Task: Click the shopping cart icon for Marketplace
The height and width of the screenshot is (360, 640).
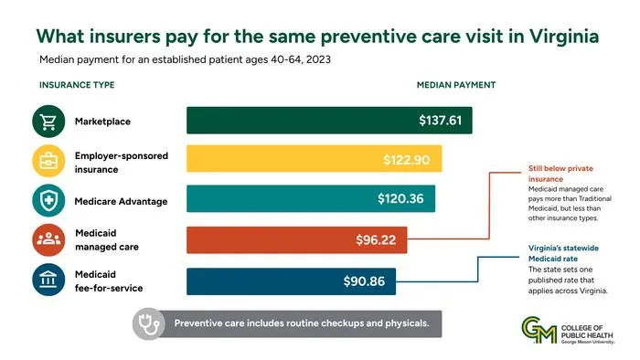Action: tap(48, 122)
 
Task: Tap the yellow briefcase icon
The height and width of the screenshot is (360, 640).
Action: tap(48, 161)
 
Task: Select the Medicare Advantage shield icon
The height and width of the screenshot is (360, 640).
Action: tap(48, 200)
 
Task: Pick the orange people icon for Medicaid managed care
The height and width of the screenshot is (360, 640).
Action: tap(48, 239)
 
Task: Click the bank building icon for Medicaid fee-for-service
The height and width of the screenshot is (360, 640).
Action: tap(48, 280)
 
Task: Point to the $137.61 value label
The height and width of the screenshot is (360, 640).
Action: tap(441, 121)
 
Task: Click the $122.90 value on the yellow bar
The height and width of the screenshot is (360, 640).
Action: tap(407, 159)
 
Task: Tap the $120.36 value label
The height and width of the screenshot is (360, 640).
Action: tap(400, 198)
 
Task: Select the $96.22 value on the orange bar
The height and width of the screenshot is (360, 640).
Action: tap(376, 239)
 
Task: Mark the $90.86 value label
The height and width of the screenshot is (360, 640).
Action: tap(364, 281)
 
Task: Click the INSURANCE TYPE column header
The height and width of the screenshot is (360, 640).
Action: tap(77, 85)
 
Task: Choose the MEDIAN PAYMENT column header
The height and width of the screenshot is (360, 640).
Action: tap(456, 85)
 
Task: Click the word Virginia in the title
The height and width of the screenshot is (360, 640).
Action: tap(564, 37)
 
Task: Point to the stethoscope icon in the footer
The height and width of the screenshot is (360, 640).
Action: tap(148, 323)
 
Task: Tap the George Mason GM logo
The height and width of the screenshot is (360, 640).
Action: tap(539, 330)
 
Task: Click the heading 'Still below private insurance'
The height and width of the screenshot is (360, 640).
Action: tap(560, 174)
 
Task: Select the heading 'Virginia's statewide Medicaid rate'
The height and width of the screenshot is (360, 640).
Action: tap(563, 253)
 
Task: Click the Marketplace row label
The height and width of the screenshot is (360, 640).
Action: tap(102, 122)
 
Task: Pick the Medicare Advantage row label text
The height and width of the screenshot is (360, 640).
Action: tap(121, 201)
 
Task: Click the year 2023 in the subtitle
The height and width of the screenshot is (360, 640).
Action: tap(318, 59)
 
